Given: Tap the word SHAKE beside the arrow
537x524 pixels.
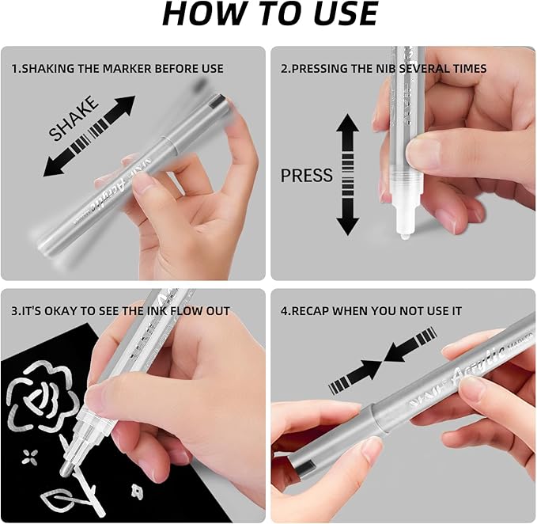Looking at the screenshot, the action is pyautogui.click(x=74, y=119).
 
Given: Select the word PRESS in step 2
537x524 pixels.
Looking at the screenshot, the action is pyautogui.click(x=307, y=175).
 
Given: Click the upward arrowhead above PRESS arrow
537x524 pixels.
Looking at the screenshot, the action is pyautogui.click(x=347, y=123).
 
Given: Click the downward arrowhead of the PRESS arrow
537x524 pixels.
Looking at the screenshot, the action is pyautogui.click(x=347, y=226).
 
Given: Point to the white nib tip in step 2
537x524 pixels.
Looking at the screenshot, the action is pyautogui.click(x=404, y=236).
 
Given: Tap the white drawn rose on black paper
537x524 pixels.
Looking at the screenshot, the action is pyautogui.click(x=43, y=397).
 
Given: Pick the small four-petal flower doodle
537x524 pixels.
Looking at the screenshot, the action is pyautogui.click(x=30, y=458).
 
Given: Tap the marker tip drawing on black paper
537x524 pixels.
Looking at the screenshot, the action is pyautogui.click(x=65, y=471).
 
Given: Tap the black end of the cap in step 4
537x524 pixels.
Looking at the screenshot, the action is pyautogui.click(x=303, y=468).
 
